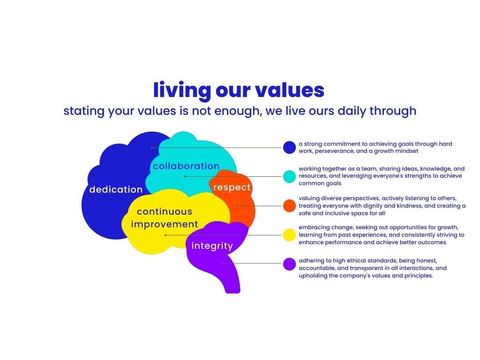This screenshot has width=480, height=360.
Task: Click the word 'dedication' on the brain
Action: tap(116, 189)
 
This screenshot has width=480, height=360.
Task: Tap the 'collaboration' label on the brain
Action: tap(186, 166)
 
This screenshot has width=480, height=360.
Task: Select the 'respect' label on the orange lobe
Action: tap(232, 187)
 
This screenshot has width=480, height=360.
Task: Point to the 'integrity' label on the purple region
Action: tap(212, 246)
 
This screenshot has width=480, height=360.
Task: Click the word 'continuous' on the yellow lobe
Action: tap(165, 211)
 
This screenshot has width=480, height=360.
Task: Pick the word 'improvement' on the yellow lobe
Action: tap(165, 225)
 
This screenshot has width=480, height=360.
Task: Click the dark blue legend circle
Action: tap(289, 147)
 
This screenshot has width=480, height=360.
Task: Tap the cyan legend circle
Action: tap(289, 176)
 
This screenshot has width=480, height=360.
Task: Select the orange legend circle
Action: tap(289, 206)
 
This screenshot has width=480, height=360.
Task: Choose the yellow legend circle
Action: tap(289, 235)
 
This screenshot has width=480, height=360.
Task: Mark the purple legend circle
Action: tap(289, 264)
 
